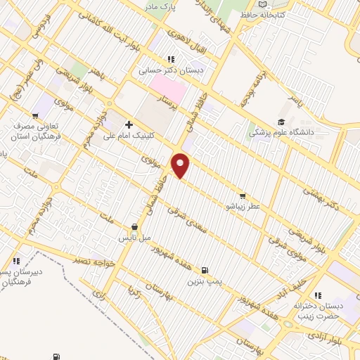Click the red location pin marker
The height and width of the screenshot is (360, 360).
click(181, 165)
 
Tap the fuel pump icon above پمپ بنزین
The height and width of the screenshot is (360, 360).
click(205, 270)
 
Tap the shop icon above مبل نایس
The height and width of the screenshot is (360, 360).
click(134, 227)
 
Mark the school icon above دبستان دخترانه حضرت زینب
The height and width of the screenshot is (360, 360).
click(318, 296)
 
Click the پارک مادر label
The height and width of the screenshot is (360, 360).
click(160, 6)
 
